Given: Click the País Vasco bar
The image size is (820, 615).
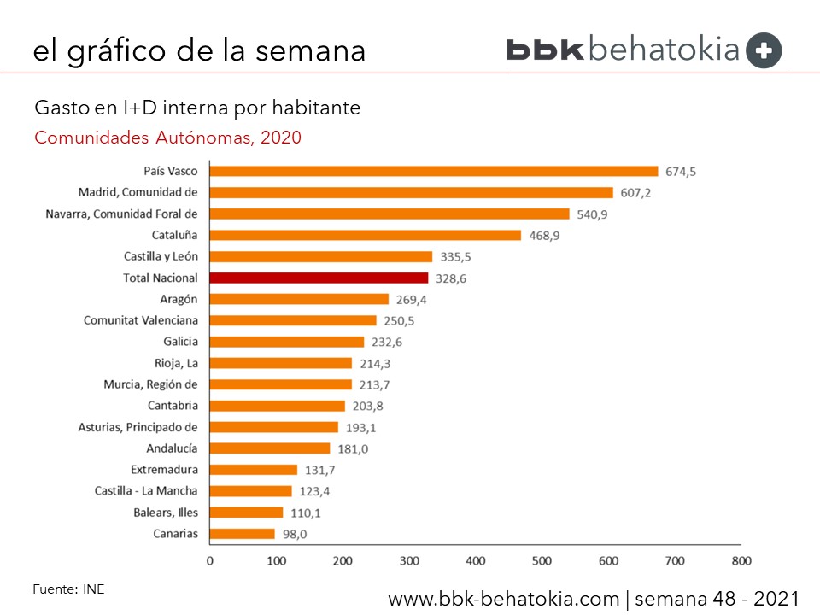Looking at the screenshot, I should click(x=434, y=171).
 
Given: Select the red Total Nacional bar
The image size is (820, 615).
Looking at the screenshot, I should click(x=319, y=278).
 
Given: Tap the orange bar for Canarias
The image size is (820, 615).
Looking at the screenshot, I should click(x=243, y=534).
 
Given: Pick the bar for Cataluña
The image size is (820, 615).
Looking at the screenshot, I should click(x=366, y=235).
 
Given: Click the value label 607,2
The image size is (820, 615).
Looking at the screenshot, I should click(x=635, y=193).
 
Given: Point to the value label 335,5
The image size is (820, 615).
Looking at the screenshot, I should click(x=454, y=257).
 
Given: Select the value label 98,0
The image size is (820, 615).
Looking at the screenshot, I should click(x=296, y=535).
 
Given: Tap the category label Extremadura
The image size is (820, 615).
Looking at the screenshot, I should click(x=164, y=470).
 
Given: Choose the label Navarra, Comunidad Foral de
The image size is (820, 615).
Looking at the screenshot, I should click(x=121, y=214).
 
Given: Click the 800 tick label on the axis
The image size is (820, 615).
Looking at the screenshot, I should click(x=741, y=561).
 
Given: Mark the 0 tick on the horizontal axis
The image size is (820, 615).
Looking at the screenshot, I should click(x=210, y=561).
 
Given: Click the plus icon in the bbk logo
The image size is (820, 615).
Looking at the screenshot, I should click(x=764, y=50).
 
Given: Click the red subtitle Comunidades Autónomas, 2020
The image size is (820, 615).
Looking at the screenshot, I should click(x=167, y=137).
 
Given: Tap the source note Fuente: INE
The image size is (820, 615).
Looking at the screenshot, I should click(x=68, y=589).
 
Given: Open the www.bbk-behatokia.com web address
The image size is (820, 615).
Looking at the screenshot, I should click(x=504, y=599).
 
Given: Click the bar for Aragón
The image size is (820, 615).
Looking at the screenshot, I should click(x=299, y=299).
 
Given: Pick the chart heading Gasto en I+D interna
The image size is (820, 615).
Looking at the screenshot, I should click(x=196, y=108).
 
